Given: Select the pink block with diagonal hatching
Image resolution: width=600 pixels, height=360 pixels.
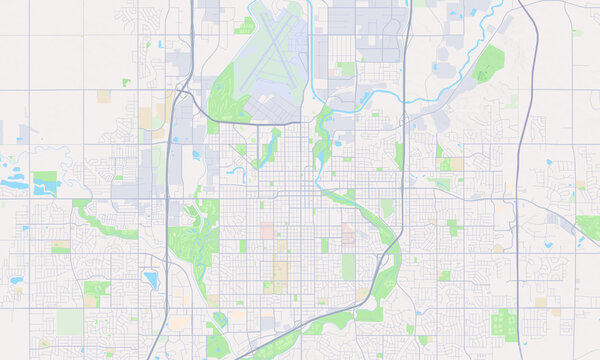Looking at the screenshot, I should click(348, 234).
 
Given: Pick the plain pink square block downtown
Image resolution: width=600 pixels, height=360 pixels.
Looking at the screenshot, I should click(268, 230).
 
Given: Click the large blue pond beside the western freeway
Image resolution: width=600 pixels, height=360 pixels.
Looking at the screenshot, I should click(150, 279).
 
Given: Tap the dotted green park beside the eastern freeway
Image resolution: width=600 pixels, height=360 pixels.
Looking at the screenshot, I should click(505, 323).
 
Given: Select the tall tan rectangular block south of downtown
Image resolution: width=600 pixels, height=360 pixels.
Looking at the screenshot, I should click(281, 272).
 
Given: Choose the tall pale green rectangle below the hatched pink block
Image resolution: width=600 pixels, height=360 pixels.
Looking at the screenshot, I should click(348, 266).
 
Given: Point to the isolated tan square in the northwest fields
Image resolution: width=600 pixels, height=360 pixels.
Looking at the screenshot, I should click(104, 96).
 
